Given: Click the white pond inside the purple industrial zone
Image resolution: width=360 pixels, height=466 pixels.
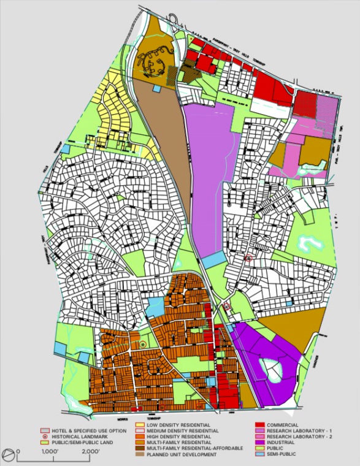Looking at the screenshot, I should click(270, 369).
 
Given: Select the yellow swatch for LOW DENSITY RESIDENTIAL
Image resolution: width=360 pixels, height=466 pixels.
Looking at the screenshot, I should click(140, 425).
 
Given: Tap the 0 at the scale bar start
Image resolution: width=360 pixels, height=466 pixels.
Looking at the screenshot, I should click(18, 451).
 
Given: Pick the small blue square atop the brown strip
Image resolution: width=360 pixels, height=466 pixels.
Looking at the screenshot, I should click(157, 88).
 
